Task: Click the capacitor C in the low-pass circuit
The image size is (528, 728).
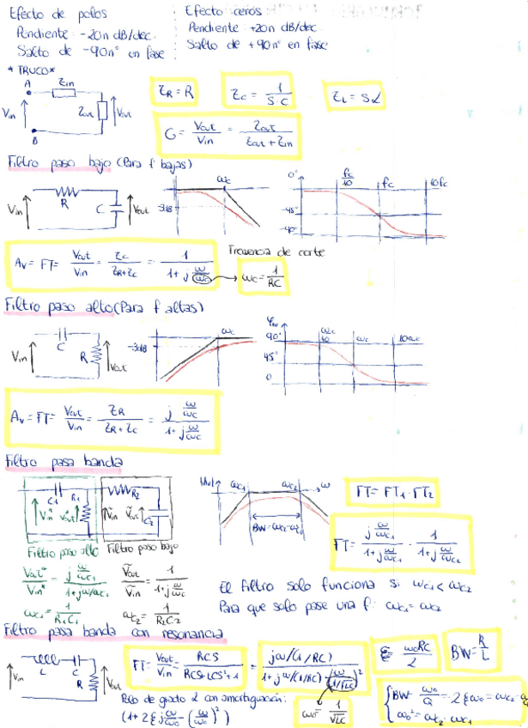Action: [107, 209]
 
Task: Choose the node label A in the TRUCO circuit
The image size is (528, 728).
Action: [28, 83]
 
